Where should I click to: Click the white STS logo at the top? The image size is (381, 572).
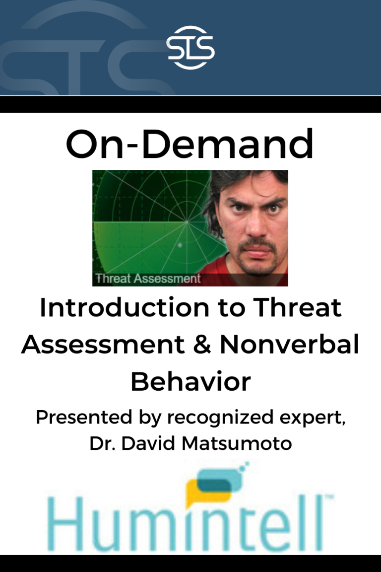coord(190,48)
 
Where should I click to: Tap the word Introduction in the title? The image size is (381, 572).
coord(125,307)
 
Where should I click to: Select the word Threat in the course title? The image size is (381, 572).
coord(298,307)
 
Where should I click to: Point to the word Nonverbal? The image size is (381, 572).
coord(290,345)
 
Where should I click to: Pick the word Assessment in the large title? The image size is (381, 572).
coord(103,345)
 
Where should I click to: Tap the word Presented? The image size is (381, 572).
coord(83,417)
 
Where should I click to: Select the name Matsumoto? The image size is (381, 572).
coord(237,443)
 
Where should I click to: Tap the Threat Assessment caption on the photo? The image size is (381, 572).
coord(148,279)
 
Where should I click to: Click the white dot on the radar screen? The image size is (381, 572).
coord(180,245)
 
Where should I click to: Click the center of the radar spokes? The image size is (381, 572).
coord(187,221)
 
